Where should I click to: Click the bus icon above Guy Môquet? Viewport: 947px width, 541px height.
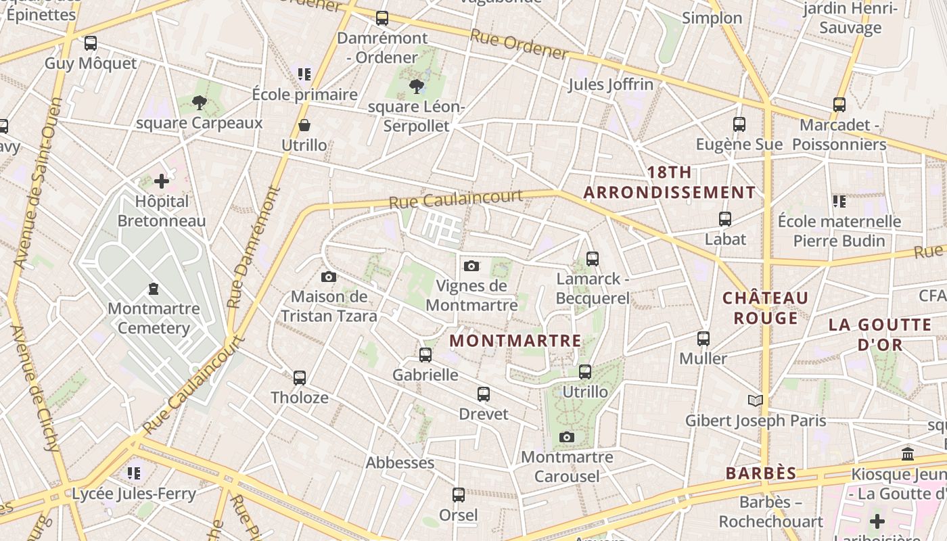91,43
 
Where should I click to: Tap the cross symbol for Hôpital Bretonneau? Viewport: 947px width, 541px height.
162,181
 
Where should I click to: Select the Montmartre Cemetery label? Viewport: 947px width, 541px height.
154,319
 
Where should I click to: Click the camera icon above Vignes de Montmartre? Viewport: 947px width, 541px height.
471,266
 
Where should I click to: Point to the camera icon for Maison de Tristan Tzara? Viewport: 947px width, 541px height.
329,277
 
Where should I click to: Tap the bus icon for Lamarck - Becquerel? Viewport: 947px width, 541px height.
593,258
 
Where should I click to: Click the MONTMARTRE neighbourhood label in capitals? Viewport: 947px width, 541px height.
515,341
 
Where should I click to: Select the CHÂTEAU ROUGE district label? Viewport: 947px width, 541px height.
765,308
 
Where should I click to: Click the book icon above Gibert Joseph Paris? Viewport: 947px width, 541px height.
756,400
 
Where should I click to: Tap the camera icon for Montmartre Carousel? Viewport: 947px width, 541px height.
567,438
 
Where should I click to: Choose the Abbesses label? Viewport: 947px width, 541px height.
400,463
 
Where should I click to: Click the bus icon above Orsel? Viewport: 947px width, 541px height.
459,495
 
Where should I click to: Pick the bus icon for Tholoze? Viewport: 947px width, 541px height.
300,377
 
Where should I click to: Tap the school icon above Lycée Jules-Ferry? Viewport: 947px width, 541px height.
134,473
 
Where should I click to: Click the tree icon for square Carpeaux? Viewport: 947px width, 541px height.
199,103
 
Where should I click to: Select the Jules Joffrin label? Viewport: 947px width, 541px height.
611,85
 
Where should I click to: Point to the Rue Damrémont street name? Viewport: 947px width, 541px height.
254,248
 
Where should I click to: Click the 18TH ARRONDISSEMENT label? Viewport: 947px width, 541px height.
670,183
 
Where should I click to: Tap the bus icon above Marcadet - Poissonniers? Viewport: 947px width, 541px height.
839,105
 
